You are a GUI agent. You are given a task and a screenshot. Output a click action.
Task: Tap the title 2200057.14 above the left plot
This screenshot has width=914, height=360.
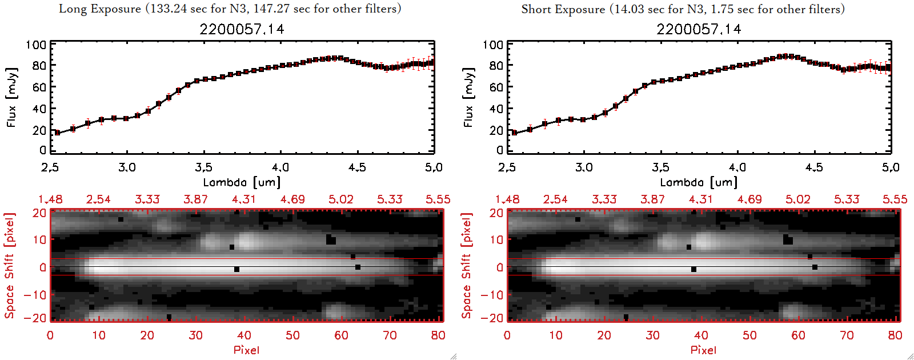(x=242, y=29)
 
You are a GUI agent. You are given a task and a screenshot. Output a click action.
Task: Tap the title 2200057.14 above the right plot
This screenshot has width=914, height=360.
(x=699, y=29)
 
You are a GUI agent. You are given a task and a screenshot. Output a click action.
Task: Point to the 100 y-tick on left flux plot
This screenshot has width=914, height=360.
(x=36, y=45)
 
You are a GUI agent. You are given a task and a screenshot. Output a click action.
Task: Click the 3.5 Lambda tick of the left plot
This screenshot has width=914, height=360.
(x=203, y=167)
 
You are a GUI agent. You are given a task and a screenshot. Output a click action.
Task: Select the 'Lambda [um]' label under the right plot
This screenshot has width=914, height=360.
(x=699, y=182)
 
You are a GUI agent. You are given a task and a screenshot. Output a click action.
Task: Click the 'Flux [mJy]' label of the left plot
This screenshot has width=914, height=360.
(x=11, y=97)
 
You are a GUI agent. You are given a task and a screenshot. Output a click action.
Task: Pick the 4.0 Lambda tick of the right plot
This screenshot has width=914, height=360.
(x=737, y=167)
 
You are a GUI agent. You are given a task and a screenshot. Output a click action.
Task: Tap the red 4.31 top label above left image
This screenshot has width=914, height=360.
(x=244, y=199)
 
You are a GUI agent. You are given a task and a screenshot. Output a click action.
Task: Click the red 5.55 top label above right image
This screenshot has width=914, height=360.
(x=895, y=199)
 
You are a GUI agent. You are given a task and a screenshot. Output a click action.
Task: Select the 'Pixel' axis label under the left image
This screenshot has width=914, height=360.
(x=246, y=350)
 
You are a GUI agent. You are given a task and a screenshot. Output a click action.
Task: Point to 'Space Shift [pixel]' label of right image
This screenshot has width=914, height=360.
(x=467, y=265)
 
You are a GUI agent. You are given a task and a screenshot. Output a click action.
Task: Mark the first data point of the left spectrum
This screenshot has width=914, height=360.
(x=57, y=133)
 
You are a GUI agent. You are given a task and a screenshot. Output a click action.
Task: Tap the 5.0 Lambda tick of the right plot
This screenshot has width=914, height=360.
(x=891, y=167)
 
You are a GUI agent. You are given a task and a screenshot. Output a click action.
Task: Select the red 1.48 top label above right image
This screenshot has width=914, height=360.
(x=507, y=199)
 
